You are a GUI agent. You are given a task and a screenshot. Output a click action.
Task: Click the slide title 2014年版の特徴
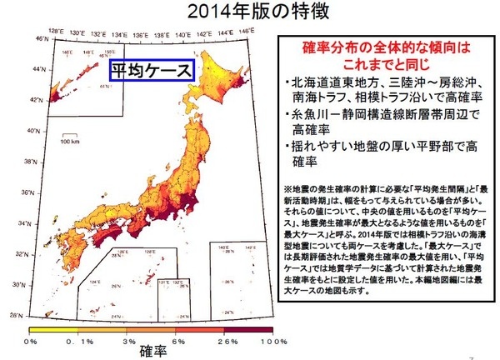251,13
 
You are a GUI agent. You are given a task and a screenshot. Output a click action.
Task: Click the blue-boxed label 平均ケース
152,71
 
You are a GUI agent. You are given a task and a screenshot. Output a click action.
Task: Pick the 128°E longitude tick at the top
56,32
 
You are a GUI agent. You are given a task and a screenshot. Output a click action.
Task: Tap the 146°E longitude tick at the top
244,32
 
